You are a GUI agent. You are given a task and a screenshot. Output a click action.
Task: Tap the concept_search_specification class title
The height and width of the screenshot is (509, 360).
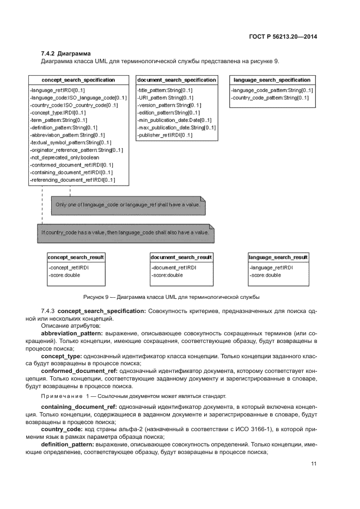tap(78, 80)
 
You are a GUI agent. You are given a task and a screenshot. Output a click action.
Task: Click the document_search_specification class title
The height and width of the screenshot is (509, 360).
tap(176, 80)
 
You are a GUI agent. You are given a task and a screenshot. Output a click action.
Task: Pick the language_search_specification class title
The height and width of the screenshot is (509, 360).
tap(272, 80)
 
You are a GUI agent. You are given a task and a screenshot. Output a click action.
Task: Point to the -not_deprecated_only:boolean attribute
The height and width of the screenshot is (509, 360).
tap(64, 157)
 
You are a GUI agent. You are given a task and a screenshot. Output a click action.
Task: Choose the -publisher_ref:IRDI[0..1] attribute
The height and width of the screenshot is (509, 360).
tap(165, 135)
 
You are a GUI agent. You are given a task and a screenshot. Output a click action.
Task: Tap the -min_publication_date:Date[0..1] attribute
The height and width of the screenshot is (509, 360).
tap(175, 120)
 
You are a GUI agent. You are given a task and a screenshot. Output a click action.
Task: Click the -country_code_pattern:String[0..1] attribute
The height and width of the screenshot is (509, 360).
tap(270, 97)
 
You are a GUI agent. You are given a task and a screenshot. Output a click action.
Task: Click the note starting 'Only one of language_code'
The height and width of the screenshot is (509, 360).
tap(129, 205)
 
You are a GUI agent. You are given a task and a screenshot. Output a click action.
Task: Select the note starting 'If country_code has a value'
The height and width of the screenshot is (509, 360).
tap(125, 232)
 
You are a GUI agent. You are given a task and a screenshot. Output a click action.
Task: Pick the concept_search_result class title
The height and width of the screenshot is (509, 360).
tap(76, 257)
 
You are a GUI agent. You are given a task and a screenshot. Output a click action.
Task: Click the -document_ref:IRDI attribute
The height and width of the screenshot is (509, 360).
tap(174, 268)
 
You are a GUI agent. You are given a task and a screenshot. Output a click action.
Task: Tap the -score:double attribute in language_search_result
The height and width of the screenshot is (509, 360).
tap(266, 275)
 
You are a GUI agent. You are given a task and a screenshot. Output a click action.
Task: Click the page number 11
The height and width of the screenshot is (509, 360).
tap(314, 463)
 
